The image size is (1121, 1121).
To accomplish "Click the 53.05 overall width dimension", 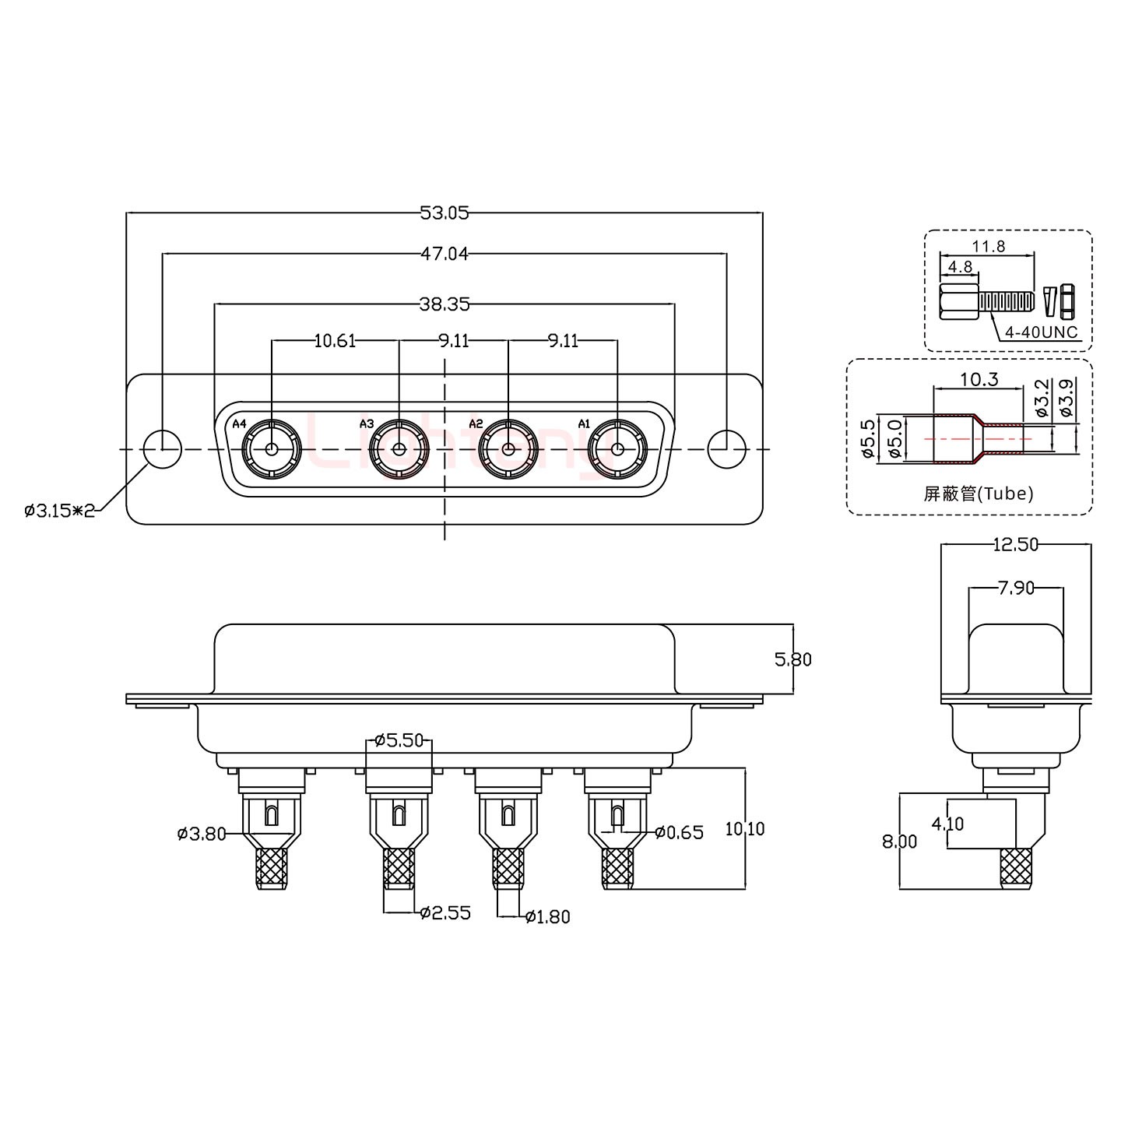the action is pos(444,213).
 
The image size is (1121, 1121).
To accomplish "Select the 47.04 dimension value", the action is pos(444,254).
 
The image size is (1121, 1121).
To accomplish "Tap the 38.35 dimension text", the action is pos(444,304).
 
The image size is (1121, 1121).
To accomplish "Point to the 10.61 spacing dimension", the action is pos(335,340).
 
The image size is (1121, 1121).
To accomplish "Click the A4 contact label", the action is pos(239,423).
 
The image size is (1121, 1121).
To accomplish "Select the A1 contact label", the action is pos(584,423).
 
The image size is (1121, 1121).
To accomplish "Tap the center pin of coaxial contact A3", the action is pos(399,449).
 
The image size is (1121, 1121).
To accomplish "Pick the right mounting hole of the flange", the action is pos(726,449).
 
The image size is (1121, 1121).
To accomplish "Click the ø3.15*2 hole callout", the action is pos(60,511).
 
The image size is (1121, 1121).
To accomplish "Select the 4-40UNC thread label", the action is pos(1042,332).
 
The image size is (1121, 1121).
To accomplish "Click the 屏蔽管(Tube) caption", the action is pos(979,494).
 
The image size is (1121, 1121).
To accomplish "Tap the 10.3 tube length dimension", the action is pos(979,379).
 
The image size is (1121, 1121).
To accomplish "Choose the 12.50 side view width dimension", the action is pos(1016,544).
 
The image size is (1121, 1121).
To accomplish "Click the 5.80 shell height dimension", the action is pos(792,659).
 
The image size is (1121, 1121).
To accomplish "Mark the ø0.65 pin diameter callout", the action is pos(679,832).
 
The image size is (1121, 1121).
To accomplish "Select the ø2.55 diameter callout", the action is pos(445,912).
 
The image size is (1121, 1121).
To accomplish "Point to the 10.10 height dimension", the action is pos(745,828).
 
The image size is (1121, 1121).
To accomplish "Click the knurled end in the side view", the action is pos(1016,868).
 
